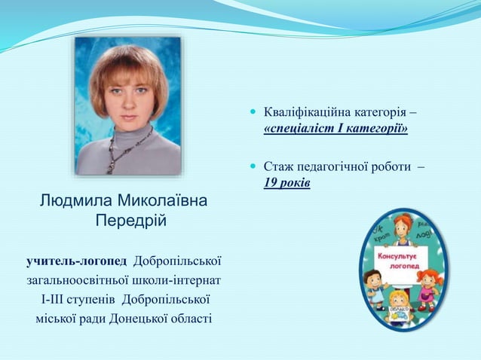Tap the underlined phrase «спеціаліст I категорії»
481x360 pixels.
point(335,130)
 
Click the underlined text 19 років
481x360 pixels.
point(287,183)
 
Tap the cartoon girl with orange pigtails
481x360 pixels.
point(427,286)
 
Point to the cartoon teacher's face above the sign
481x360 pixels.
point(403,226)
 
